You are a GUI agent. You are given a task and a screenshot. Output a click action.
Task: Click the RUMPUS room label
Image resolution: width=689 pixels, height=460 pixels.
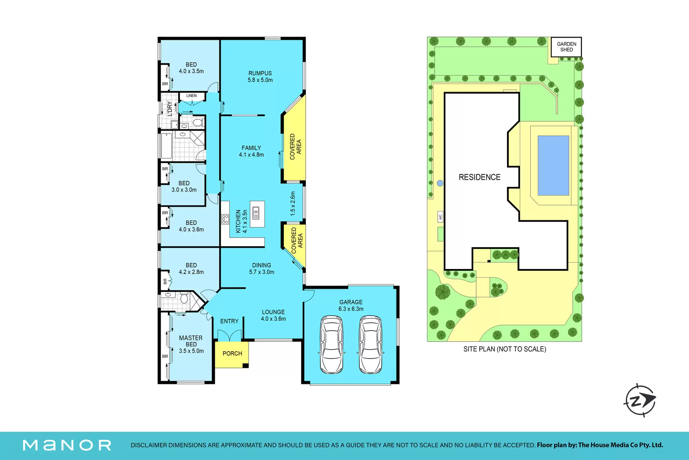260,73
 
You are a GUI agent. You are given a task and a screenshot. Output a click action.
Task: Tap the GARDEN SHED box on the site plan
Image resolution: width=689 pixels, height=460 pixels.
566,47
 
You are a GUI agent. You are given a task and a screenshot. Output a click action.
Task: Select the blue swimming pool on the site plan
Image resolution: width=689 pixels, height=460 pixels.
553,165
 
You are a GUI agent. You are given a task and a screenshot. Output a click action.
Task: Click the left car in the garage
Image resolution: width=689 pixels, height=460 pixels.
332,345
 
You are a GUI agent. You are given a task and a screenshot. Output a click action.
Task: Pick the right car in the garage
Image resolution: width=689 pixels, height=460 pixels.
370,345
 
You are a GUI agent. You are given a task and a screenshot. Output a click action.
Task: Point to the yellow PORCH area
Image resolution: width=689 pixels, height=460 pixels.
232,355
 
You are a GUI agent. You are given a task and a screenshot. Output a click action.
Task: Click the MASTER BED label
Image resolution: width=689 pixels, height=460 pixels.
191,341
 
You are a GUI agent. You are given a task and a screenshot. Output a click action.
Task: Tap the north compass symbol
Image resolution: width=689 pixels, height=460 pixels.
640,400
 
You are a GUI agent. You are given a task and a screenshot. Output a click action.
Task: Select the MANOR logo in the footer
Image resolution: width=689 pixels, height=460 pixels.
67,445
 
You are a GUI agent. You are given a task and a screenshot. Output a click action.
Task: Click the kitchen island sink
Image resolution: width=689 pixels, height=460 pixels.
256,213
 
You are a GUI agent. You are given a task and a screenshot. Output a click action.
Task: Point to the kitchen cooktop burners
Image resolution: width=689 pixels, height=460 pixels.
225,219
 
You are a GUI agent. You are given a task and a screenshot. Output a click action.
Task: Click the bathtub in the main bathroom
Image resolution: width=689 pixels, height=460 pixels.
166,146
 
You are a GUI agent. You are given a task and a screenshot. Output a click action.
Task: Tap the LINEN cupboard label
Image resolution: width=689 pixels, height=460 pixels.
191,96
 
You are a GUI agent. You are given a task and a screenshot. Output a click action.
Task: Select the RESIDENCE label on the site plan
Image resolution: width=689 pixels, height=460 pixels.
479,177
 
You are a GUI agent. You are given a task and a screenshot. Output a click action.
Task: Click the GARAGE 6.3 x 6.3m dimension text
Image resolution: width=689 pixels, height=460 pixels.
351,309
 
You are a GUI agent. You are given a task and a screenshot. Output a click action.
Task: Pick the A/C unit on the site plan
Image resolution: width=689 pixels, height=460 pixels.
440,217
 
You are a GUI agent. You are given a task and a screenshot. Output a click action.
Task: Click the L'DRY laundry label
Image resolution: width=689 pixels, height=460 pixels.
170,109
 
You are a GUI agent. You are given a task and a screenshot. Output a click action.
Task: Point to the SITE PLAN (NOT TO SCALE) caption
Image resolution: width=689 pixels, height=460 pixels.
505,349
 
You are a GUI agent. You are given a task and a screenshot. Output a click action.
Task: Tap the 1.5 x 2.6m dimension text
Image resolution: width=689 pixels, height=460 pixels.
293,203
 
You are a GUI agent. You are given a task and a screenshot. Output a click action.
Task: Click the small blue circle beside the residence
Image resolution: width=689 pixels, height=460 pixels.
440,183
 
